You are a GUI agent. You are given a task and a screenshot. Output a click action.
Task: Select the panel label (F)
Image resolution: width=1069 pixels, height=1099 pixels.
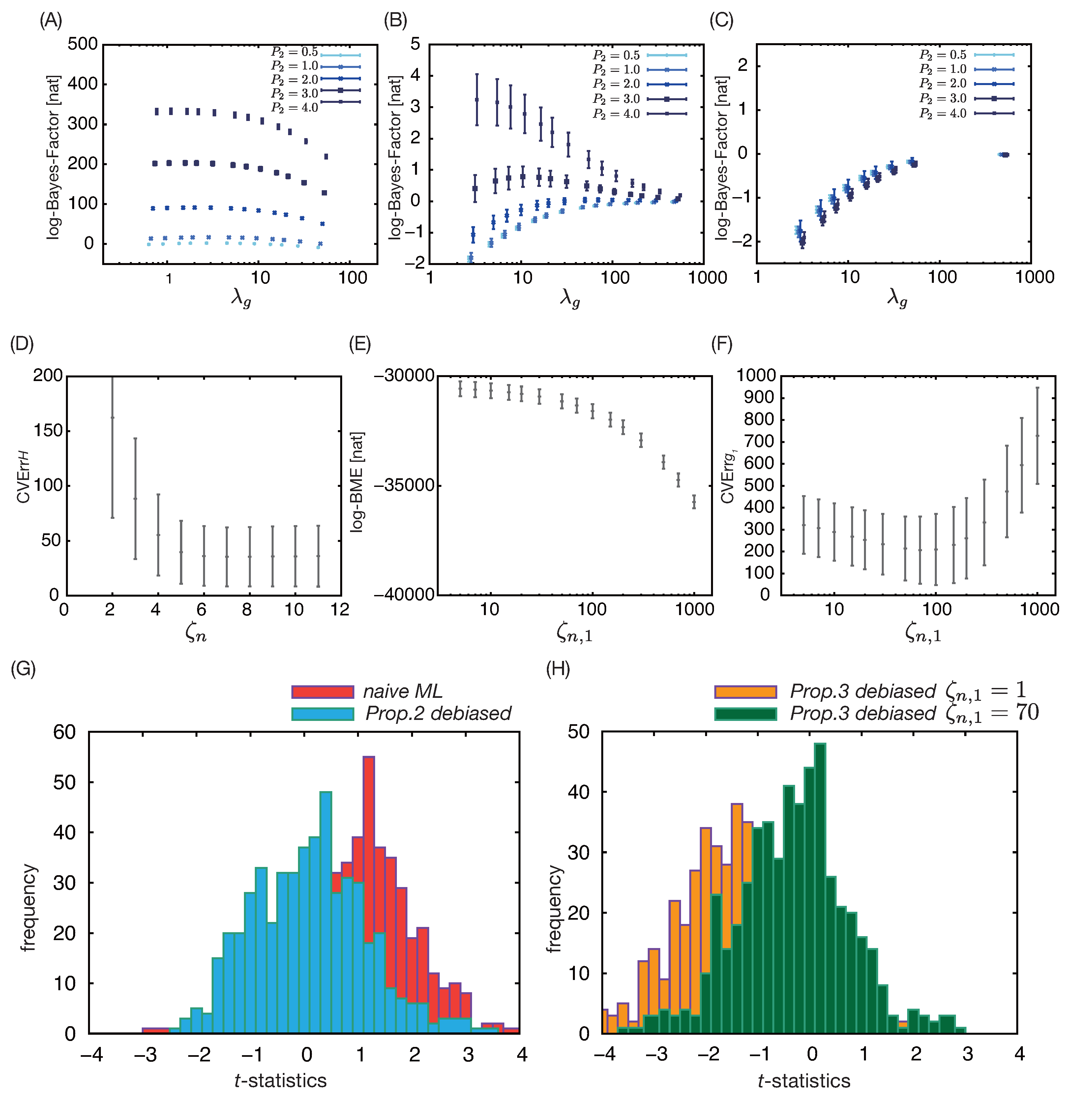click(722, 344)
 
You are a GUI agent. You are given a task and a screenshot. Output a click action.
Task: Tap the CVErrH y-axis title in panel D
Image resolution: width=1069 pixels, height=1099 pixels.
click(24, 485)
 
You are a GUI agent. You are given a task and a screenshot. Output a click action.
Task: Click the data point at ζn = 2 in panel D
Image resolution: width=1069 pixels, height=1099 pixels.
click(112, 417)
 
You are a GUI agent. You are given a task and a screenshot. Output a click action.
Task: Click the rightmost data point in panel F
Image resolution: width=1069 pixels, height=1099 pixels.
click(1037, 435)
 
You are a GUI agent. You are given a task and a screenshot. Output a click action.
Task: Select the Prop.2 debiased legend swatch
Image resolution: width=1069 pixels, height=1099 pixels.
click(322, 714)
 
